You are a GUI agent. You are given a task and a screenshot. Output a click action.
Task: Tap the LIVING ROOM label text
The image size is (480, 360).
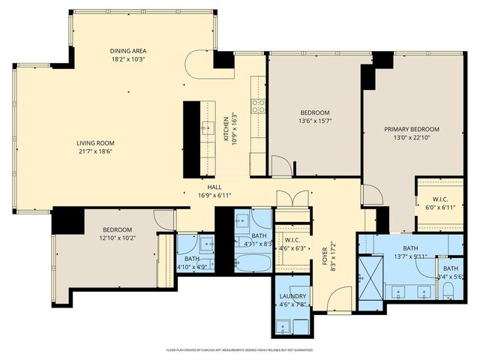coord(94,142)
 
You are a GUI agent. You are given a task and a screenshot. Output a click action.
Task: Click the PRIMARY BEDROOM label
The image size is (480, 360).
coord(411,129)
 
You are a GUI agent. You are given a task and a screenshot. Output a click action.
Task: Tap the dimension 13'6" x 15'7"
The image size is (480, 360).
coord(315,120)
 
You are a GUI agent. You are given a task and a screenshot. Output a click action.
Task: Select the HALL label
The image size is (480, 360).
coord(214,187)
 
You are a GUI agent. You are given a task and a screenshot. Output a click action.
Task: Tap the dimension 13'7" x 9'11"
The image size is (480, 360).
coord(410,256)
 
